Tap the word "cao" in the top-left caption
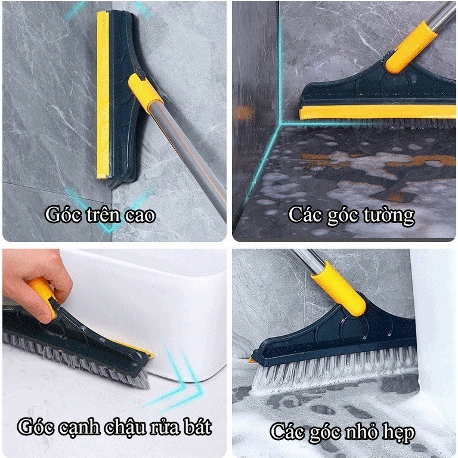140,216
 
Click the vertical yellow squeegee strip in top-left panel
103,95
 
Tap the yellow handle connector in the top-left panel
145,93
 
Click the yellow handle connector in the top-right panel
410,47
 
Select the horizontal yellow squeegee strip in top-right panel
377,113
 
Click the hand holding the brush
36,285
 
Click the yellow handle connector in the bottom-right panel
339,289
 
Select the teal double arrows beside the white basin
175,380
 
